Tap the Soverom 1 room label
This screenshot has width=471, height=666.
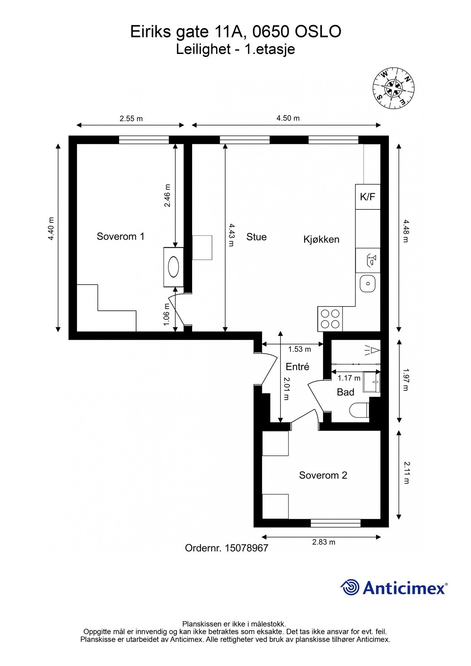(x=121, y=236)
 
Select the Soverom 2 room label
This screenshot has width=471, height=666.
(x=323, y=475)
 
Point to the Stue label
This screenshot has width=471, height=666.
(x=256, y=237)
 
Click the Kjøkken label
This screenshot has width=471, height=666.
(x=321, y=239)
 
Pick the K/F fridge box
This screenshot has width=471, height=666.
(x=368, y=197)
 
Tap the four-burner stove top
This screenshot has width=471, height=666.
(x=330, y=319)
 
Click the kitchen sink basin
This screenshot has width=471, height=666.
(x=368, y=283)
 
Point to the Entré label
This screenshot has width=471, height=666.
(x=297, y=367)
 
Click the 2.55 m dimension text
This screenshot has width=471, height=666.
(x=131, y=119)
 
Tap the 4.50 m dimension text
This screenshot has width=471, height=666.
(x=288, y=118)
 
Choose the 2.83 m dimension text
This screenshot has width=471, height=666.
(x=324, y=542)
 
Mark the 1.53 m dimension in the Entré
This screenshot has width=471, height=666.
(x=300, y=349)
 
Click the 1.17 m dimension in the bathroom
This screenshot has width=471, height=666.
(x=349, y=378)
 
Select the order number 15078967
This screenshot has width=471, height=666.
(x=246, y=548)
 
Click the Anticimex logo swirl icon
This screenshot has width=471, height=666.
(x=350, y=587)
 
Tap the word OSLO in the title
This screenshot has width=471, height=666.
(x=318, y=32)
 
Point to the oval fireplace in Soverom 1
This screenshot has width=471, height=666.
(x=174, y=267)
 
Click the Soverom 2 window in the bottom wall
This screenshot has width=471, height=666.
(x=336, y=523)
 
